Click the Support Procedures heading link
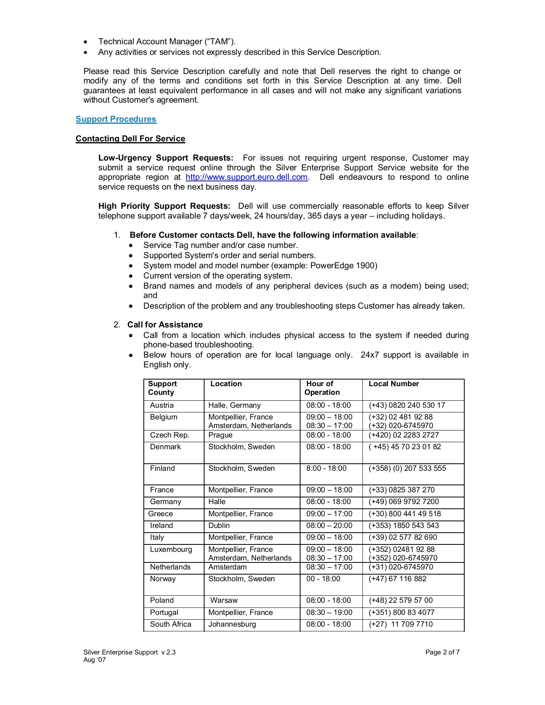click(116, 119)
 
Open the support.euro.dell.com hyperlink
click(246, 177)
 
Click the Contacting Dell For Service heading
click(130, 139)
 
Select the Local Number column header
click(394, 384)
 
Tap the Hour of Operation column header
click(322, 388)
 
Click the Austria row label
click(161, 405)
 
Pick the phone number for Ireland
click(404, 526)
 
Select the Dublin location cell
click(219, 526)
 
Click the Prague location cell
click(220, 435)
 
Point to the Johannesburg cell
click(232, 624)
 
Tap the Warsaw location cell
click(224, 600)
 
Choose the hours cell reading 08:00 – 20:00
click(329, 526)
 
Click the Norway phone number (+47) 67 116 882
click(397, 579)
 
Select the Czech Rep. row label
click(169, 435)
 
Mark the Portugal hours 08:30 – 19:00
click(329, 613)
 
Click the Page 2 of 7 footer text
click(442, 653)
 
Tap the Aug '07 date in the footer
click(94, 660)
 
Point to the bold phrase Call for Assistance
click(165, 325)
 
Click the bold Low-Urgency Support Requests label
click(165, 158)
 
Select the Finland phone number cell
click(407, 468)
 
